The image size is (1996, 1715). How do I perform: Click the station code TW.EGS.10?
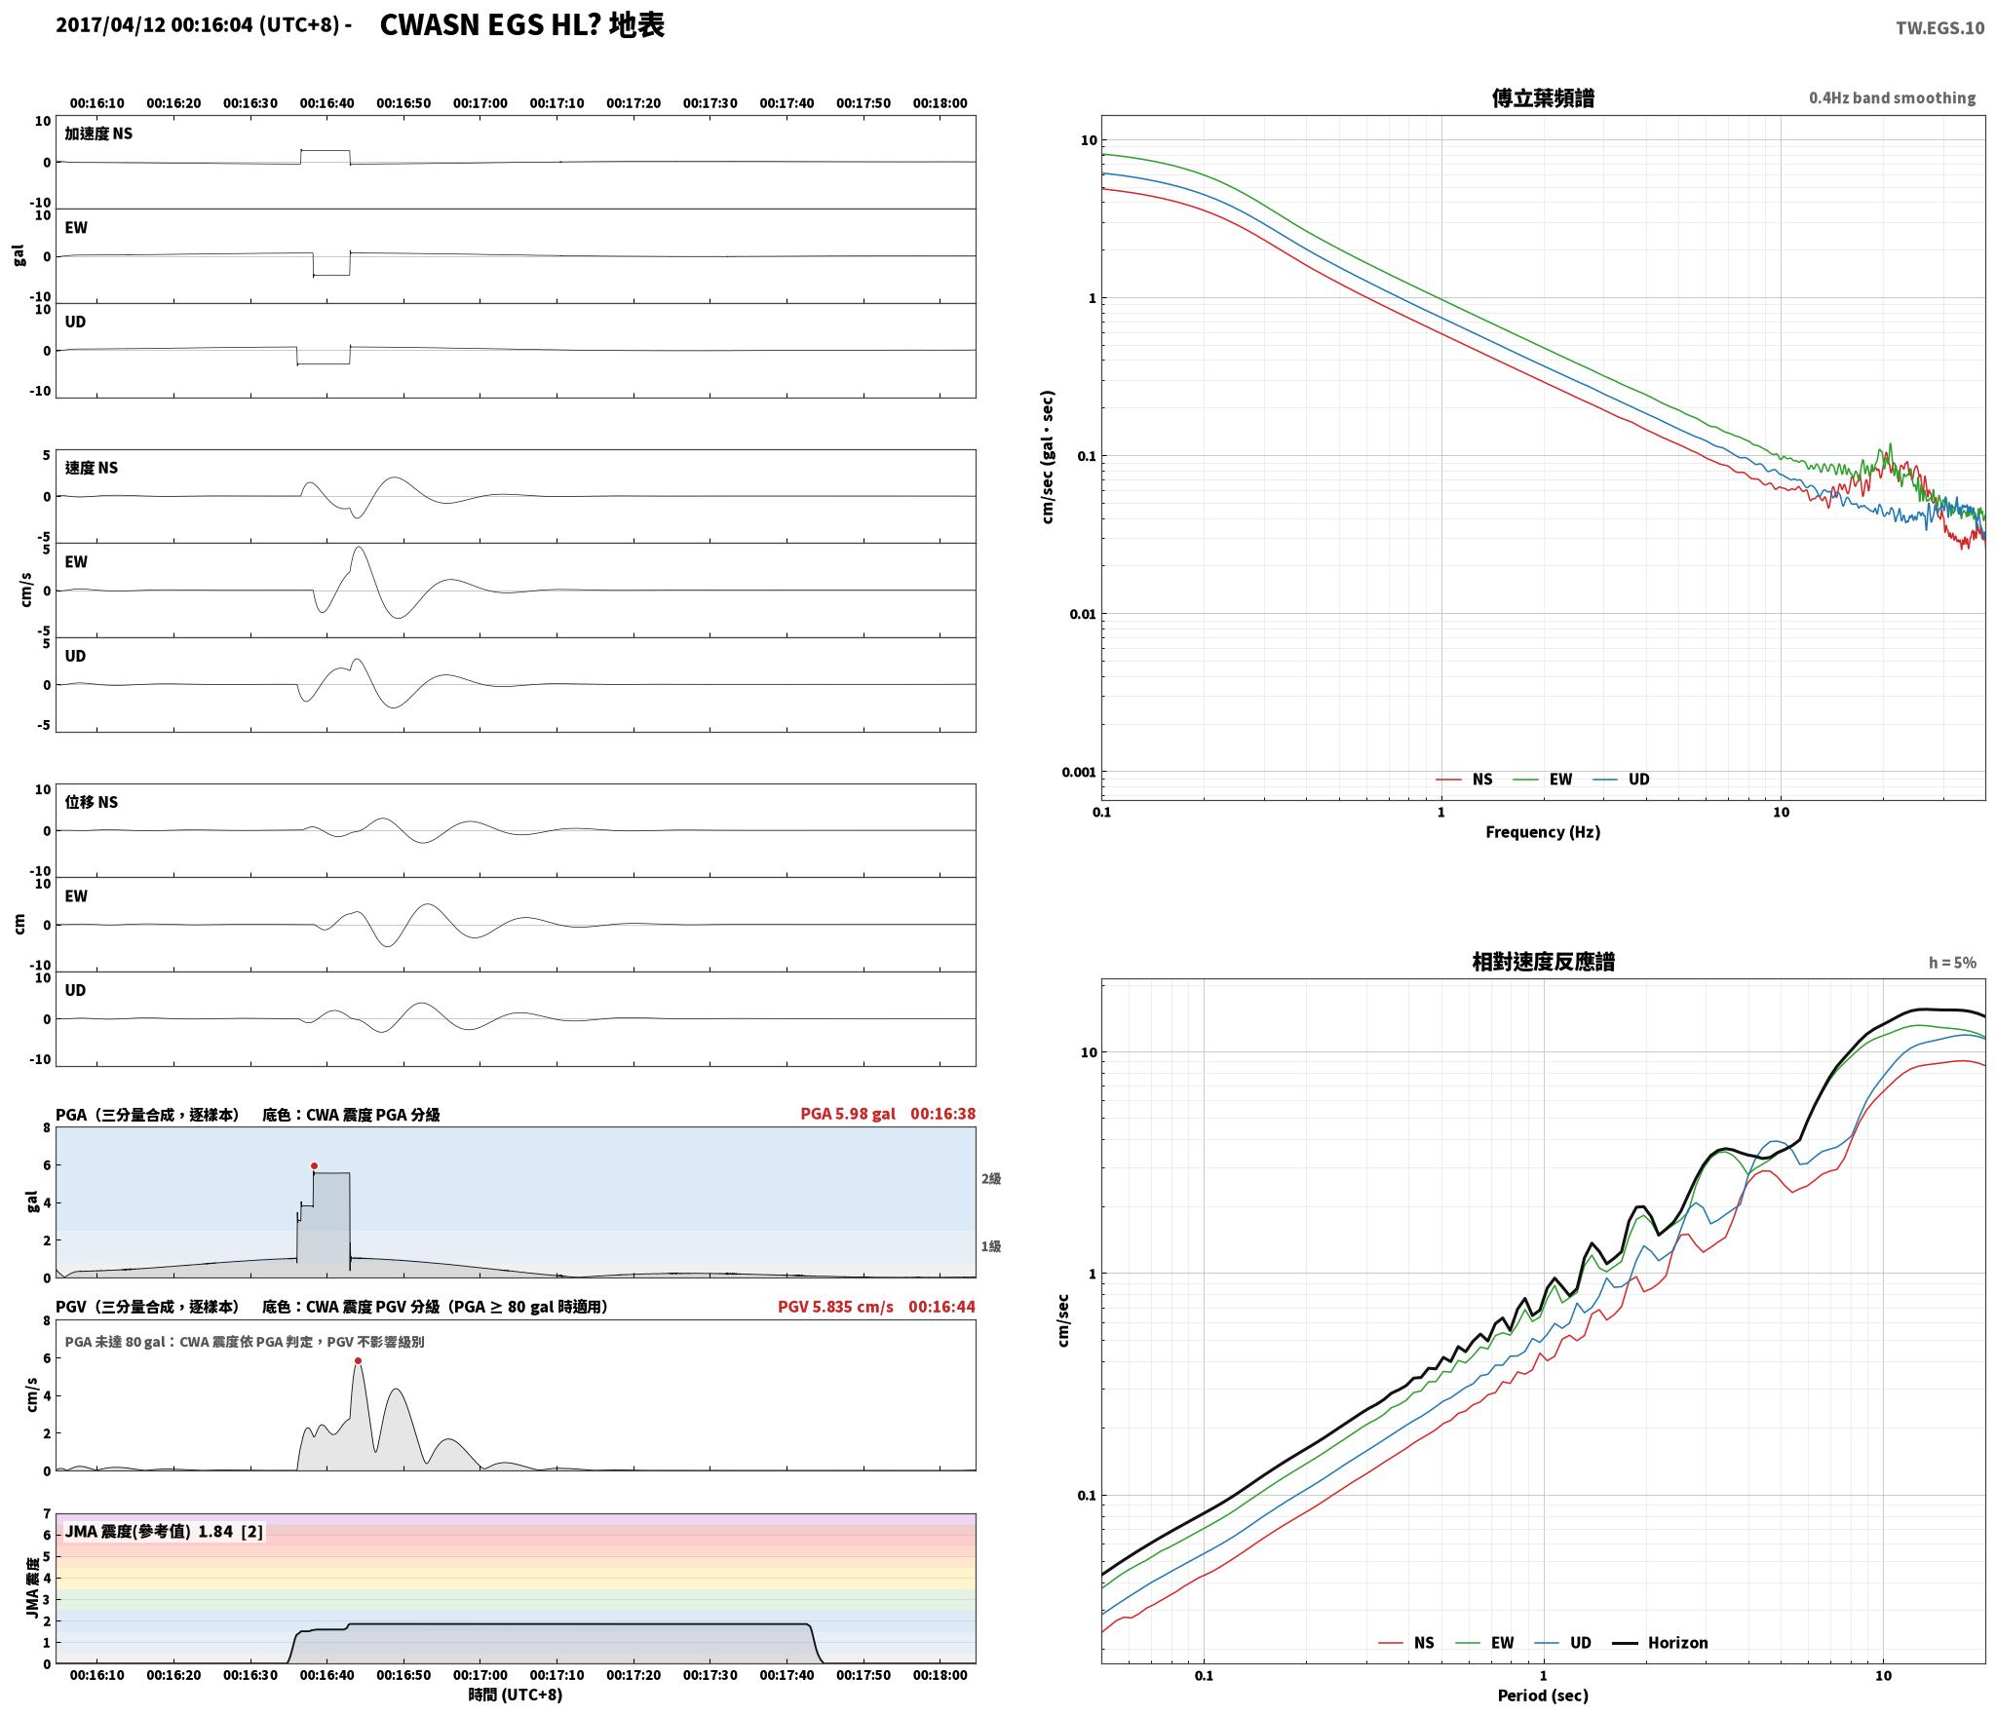click(1939, 27)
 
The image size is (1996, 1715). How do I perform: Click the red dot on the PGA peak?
click(314, 1165)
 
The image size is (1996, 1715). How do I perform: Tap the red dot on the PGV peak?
click(359, 1360)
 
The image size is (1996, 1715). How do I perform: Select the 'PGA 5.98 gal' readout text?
click(847, 1114)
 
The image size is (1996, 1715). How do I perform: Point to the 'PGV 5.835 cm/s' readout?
click(835, 1307)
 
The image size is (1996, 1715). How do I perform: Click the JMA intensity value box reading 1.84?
click(164, 1531)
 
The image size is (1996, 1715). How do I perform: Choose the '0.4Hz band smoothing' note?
click(1892, 97)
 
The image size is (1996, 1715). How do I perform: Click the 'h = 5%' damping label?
click(1952, 963)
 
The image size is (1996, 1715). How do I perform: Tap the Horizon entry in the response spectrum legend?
click(1660, 1642)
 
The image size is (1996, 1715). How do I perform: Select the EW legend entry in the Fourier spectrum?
click(1543, 779)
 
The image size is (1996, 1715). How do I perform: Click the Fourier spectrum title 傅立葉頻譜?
click(1543, 97)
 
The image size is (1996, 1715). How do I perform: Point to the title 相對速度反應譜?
click(1543, 962)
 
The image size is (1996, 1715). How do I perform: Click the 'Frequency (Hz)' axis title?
click(1543, 831)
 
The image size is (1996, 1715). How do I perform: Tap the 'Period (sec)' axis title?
click(1543, 1695)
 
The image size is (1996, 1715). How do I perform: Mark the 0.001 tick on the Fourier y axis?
click(1079, 772)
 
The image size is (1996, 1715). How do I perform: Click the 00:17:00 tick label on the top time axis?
click(480, 103)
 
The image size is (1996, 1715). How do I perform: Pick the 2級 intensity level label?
click(991, 1178)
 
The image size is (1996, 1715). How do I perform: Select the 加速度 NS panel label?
click(98, 133)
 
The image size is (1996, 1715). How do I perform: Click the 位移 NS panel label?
click(92, 802)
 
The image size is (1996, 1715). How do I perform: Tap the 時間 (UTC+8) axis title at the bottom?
click(515, 1695)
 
